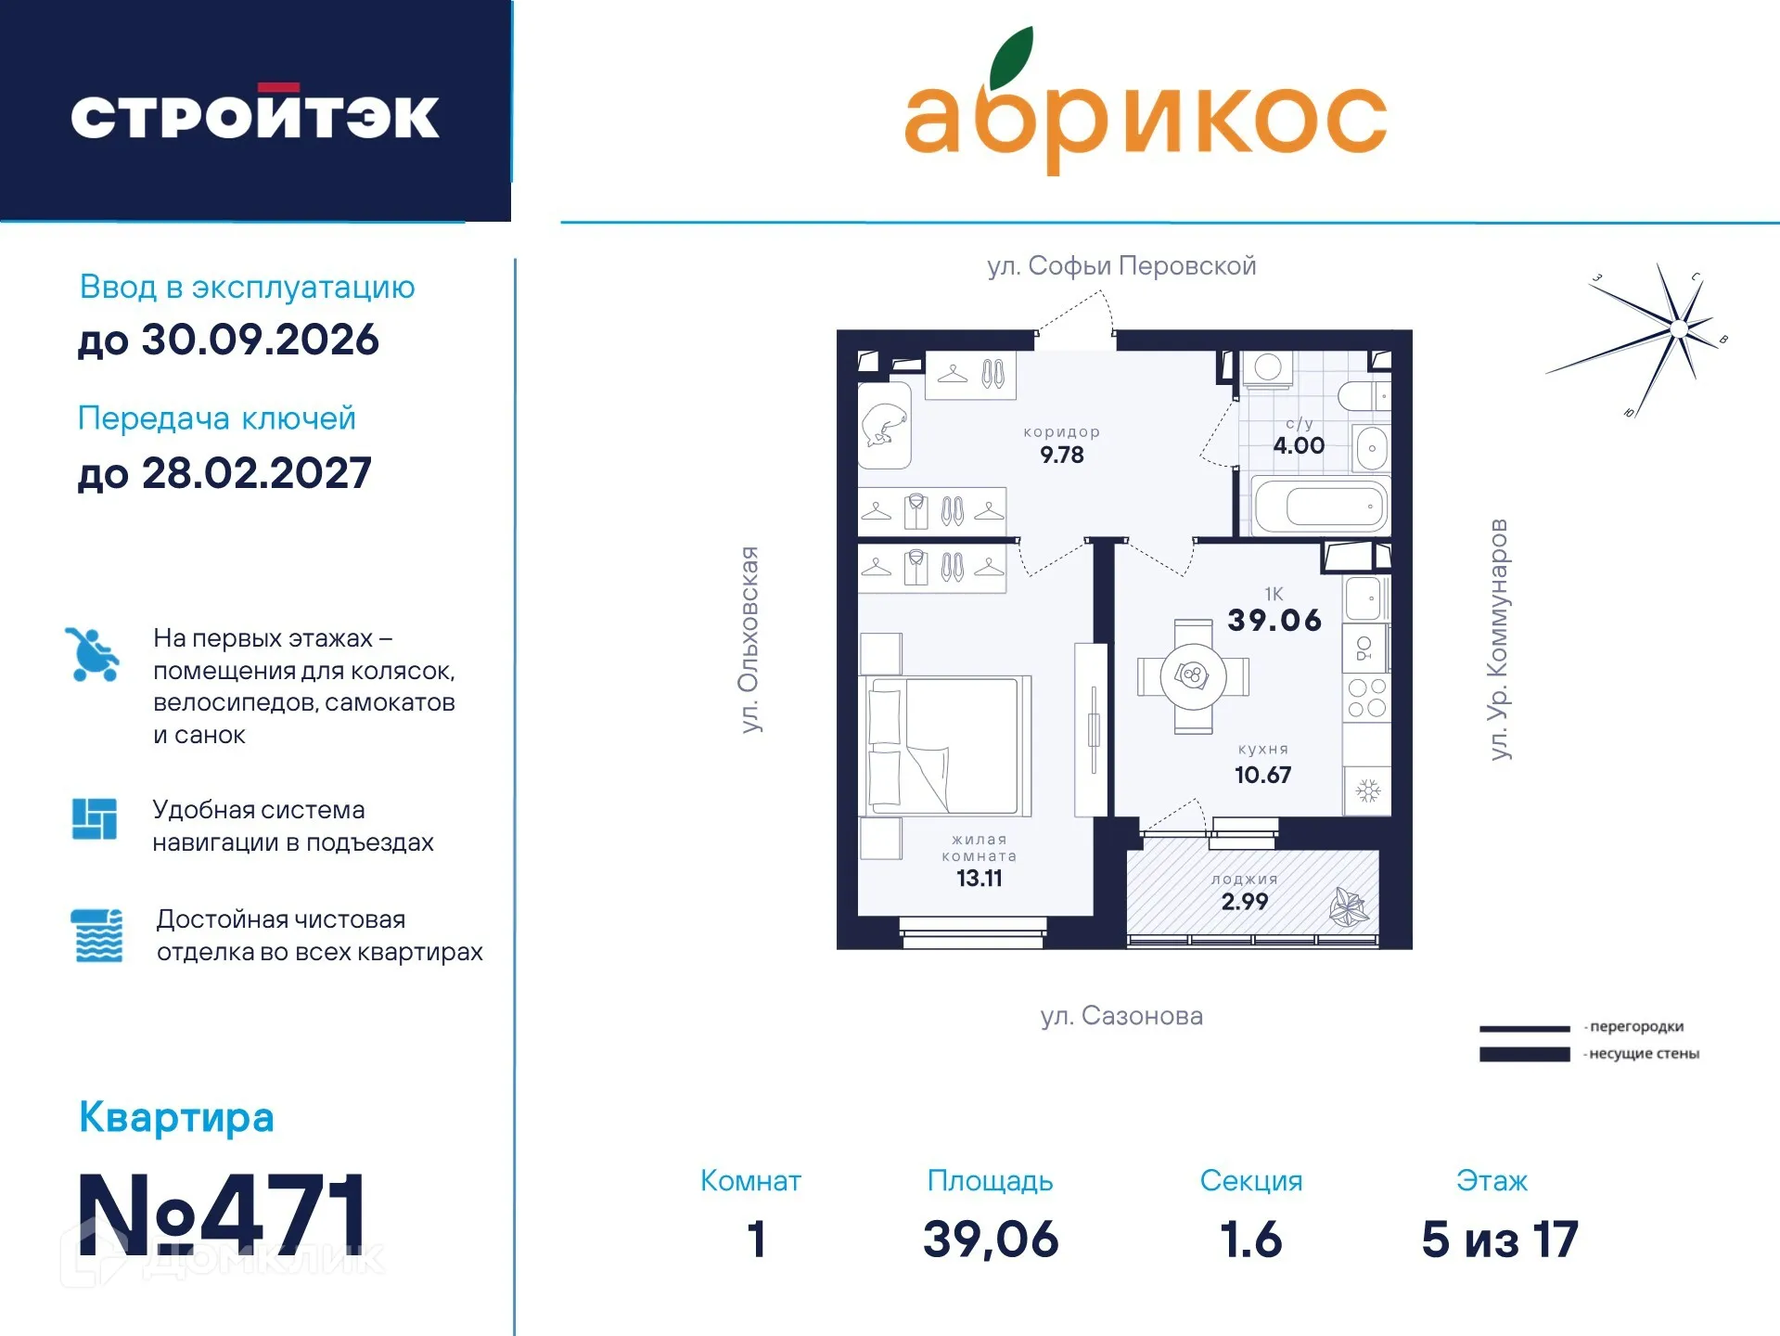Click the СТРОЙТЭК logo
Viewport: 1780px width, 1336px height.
pos(255,114)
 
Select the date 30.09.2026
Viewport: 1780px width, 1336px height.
pos(260,340)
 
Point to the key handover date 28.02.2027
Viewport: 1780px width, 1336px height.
pos(256,473)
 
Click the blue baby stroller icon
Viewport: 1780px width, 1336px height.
pos(92,654)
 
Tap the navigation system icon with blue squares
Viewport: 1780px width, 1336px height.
pos(95,818)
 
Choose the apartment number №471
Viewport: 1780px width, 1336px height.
pos(223,1214)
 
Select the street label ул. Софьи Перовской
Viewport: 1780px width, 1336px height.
pos(1121,266)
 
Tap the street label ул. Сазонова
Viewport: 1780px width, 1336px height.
pos(1121,1016)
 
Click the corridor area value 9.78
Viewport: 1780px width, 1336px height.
pos(1061,456)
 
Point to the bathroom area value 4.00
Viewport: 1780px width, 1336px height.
pos(1298,445)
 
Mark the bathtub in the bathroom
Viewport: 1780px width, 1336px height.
pos(1321,507)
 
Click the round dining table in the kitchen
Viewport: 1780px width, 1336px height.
pos(1193,675)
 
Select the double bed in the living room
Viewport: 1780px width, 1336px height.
pos(946,745)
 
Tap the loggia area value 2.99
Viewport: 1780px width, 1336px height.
pos(1244,902)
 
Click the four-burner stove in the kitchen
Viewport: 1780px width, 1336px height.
pos(1366,698)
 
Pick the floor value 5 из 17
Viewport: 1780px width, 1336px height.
pos(1499,1240)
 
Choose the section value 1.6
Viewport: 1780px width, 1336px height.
pos(1250,1240)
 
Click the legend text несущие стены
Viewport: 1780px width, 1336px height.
pos(1644,1054)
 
